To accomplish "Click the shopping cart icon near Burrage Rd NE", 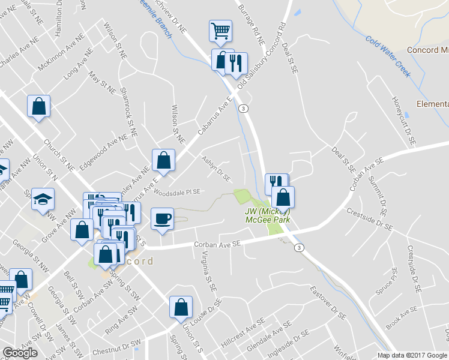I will [x=220, y=30].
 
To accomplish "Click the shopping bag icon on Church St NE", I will [x=38, y=106].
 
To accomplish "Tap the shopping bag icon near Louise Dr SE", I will [x=180, y=307].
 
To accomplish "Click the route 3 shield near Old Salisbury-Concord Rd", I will [x=243, y=109].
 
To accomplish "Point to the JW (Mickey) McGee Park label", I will [x=268, y=215].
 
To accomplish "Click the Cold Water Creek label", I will [x=388, y=56].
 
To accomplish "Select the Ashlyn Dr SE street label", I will [x=216, y=168].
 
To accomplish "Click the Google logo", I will [x=20, y=353].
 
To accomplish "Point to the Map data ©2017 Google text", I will [x=412, y=355].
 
